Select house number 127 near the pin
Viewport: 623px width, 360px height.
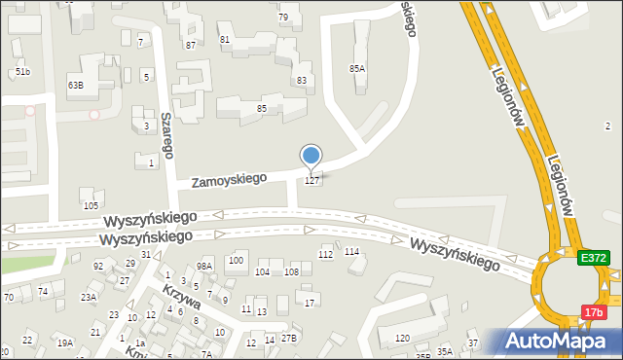[x=312, y=181]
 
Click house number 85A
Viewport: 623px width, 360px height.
[x=357, y=68]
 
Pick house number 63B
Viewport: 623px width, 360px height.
[x=76, y=85]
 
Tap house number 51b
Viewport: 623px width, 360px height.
[x=22, y=72]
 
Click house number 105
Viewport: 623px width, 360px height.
[x=91, y=205]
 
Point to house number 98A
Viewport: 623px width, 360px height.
[x=204, y=266]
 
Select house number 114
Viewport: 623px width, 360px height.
[x=351, y=252]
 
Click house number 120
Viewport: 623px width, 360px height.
[x=402, y=339]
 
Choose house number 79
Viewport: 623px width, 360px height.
[x=283, y=18]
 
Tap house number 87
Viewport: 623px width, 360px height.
[x=191, y=45]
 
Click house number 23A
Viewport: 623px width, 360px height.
[x=89, y=298]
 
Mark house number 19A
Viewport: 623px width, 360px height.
[x=64, y=342]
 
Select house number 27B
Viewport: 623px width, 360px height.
[x=288, y=339]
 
